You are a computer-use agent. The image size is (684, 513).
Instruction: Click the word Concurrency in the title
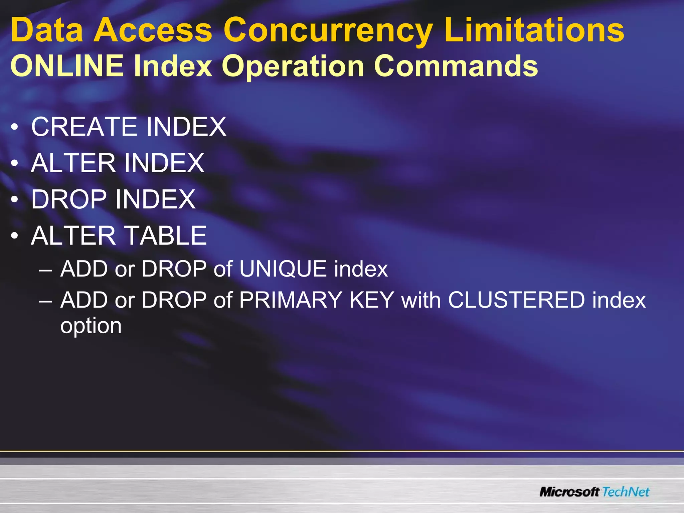(x=328, y=31)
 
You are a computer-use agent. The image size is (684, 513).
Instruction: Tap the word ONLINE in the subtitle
(x=67, y=65)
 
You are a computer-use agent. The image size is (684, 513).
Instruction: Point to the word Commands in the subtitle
(x=456, y=65)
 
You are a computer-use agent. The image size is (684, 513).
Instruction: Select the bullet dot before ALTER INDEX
(x=14, y=163)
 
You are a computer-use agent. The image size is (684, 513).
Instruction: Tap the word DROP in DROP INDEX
(x=69, y=199)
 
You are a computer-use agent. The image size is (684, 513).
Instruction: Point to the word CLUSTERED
(x=516, y=300)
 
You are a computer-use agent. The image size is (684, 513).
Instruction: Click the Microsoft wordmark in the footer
(x=569, y=492)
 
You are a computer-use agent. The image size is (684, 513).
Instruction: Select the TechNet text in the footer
(x=626, y=492)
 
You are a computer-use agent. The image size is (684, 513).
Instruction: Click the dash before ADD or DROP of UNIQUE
(x=45, y=270)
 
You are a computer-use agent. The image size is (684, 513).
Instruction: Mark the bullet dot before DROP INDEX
(x=14, y=200)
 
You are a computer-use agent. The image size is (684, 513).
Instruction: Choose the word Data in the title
(x=47, y=31)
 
